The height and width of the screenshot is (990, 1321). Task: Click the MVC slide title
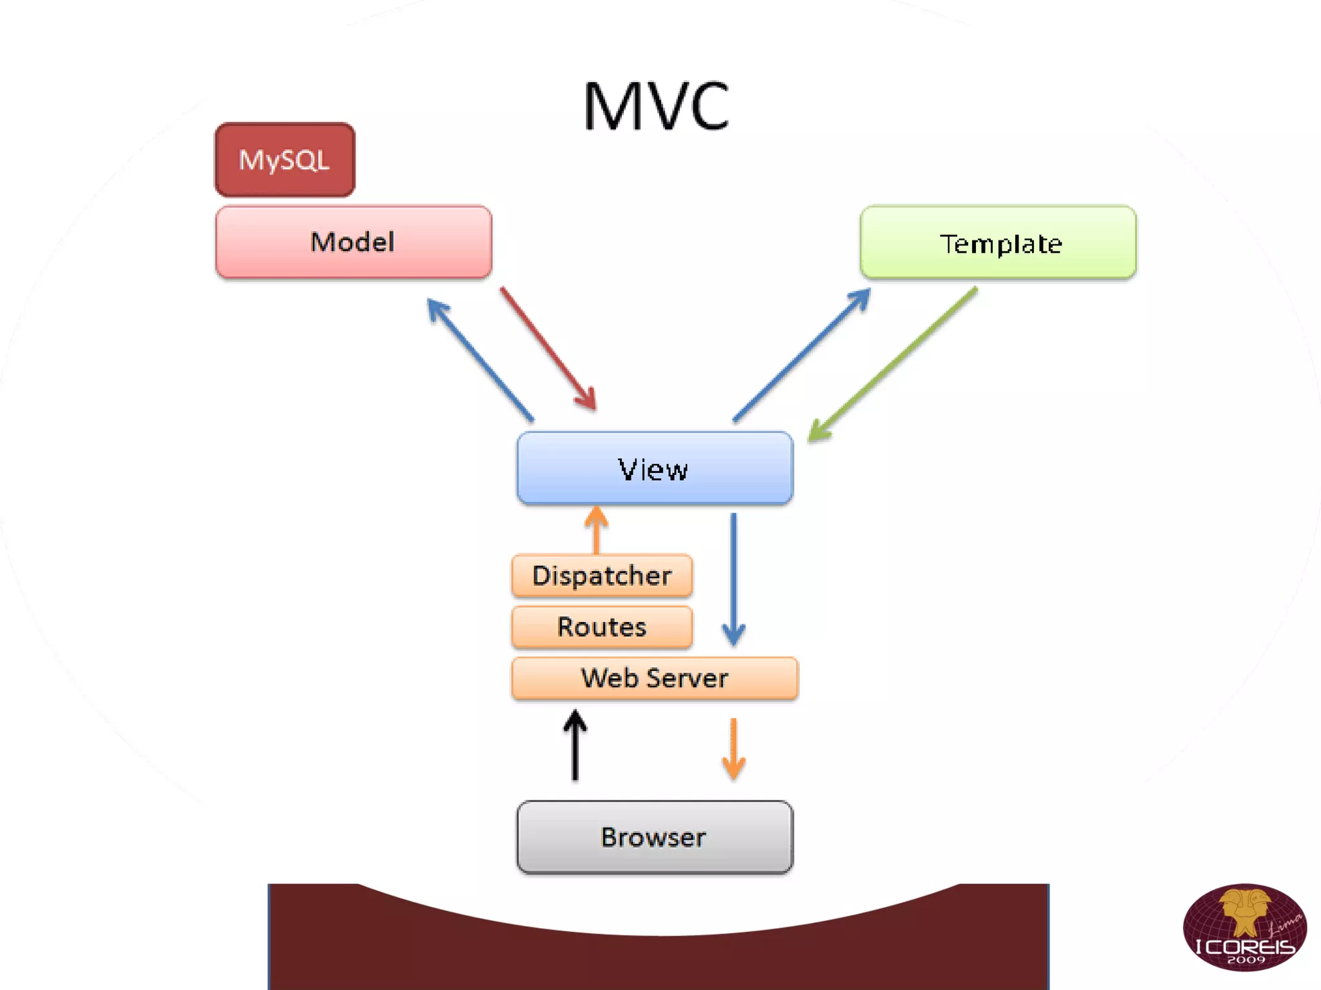(x=656, y=106)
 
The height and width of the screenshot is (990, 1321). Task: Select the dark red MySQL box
(x=284, y=160)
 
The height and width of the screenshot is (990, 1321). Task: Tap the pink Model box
(x=353, y=242)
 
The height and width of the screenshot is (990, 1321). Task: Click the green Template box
(x=998, y=242)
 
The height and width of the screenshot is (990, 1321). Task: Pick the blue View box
(x=654, y=469)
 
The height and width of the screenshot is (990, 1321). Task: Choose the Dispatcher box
(x=601, y=576)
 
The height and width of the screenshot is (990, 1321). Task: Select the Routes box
(x=601, y=626)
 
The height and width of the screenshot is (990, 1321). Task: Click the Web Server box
(x=654, y=678)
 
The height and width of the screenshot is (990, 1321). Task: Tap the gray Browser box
(x=654, y=837)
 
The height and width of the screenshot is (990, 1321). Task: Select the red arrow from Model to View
(x=548, y=349)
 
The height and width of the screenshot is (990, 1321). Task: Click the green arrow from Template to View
(x=893, y=364)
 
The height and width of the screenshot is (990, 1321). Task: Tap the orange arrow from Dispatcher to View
(x=597, y=530)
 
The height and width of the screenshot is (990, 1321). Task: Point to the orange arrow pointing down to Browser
(x=733, y=748)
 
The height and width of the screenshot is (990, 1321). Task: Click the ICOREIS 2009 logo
(x=1244, y=927)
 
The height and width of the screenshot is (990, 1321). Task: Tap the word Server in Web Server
(x=687, y=678)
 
